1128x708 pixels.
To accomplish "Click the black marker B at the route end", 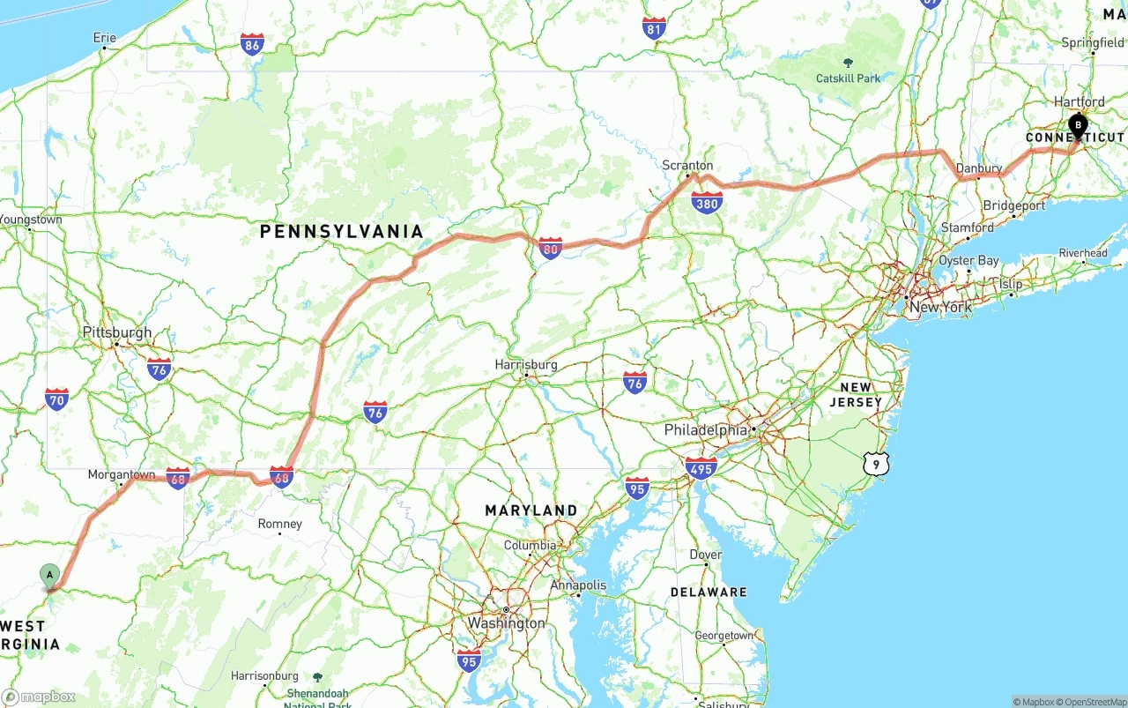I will pyautogui.click(x=1078, y=125).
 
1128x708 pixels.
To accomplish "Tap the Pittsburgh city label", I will pyautogui.click(x=116, y=332).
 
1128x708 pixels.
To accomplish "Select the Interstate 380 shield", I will pyautogui.click(x=707, y=203).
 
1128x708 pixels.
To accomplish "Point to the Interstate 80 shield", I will pyautogui.click(x=551, y=249).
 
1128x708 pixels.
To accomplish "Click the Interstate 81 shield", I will pyautogui.click(x=654, y=28).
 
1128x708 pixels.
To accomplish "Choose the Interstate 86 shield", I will pyautogui.click(x=252, y=43).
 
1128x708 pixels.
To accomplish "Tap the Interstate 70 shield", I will pyautogui.click(x=57, y=399).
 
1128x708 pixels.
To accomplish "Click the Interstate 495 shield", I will pyautogui.click(x=701, y=467).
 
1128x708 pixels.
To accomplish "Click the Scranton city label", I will pyautogui.click(x=687, y=165).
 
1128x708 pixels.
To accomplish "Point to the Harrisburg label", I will pyautogui.click(x=526, y=364).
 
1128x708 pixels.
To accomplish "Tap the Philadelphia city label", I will pyautogui.click(x=705, y=430).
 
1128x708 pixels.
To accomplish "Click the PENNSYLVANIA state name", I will pyautogui.click(x=341, y=232).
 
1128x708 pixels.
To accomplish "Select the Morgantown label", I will pyautogui.click(x=122, y=475).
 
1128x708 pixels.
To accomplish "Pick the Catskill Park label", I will pyautogui.click(x=848, y=78).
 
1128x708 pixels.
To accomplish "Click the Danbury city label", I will pyautogui.click(x=978, y=168).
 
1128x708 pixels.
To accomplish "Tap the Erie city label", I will pyautogui.click(x=104, y=38).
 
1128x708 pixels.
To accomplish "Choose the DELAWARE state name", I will pyautogui.click(x=708, y=592).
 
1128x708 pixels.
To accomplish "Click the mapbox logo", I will pyautogui.click(x=39, y=697).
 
